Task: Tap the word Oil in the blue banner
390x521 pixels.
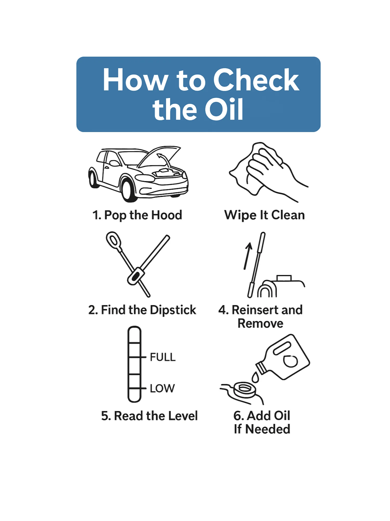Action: click(224, 109)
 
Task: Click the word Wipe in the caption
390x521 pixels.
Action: click(240, 215)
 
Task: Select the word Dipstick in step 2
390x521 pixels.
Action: click(173, 310)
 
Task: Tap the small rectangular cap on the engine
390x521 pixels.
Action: click(284, 278)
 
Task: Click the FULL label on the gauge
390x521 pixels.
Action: click(162, 357)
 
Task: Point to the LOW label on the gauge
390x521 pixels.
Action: click(162, 388)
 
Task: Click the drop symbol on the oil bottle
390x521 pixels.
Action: click(290, 361)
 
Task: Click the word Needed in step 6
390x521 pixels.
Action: click(268, 429)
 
